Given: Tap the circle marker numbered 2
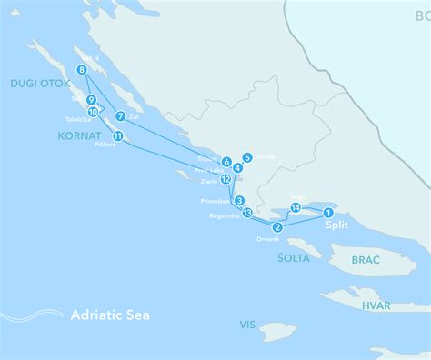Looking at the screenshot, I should coord(276,227).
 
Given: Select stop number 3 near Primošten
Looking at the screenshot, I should coord(238,201).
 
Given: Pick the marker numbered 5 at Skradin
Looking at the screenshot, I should coord(247,157).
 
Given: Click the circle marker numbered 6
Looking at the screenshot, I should coord(226,162).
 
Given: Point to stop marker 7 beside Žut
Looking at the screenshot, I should coord(120,115).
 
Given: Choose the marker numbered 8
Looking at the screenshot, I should coord(82,70).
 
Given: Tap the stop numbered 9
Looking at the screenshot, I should coord(91,101).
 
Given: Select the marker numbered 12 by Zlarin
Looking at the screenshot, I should coord(226,179).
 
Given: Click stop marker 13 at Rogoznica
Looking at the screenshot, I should coord(246,213).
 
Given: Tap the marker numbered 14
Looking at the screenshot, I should coord(296,208).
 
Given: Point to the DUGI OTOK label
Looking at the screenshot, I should coord(35,83).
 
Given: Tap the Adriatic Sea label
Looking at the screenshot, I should coord(110,315).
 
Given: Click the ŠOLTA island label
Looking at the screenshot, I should coord(293,257).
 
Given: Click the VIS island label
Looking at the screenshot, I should coord(247,324).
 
